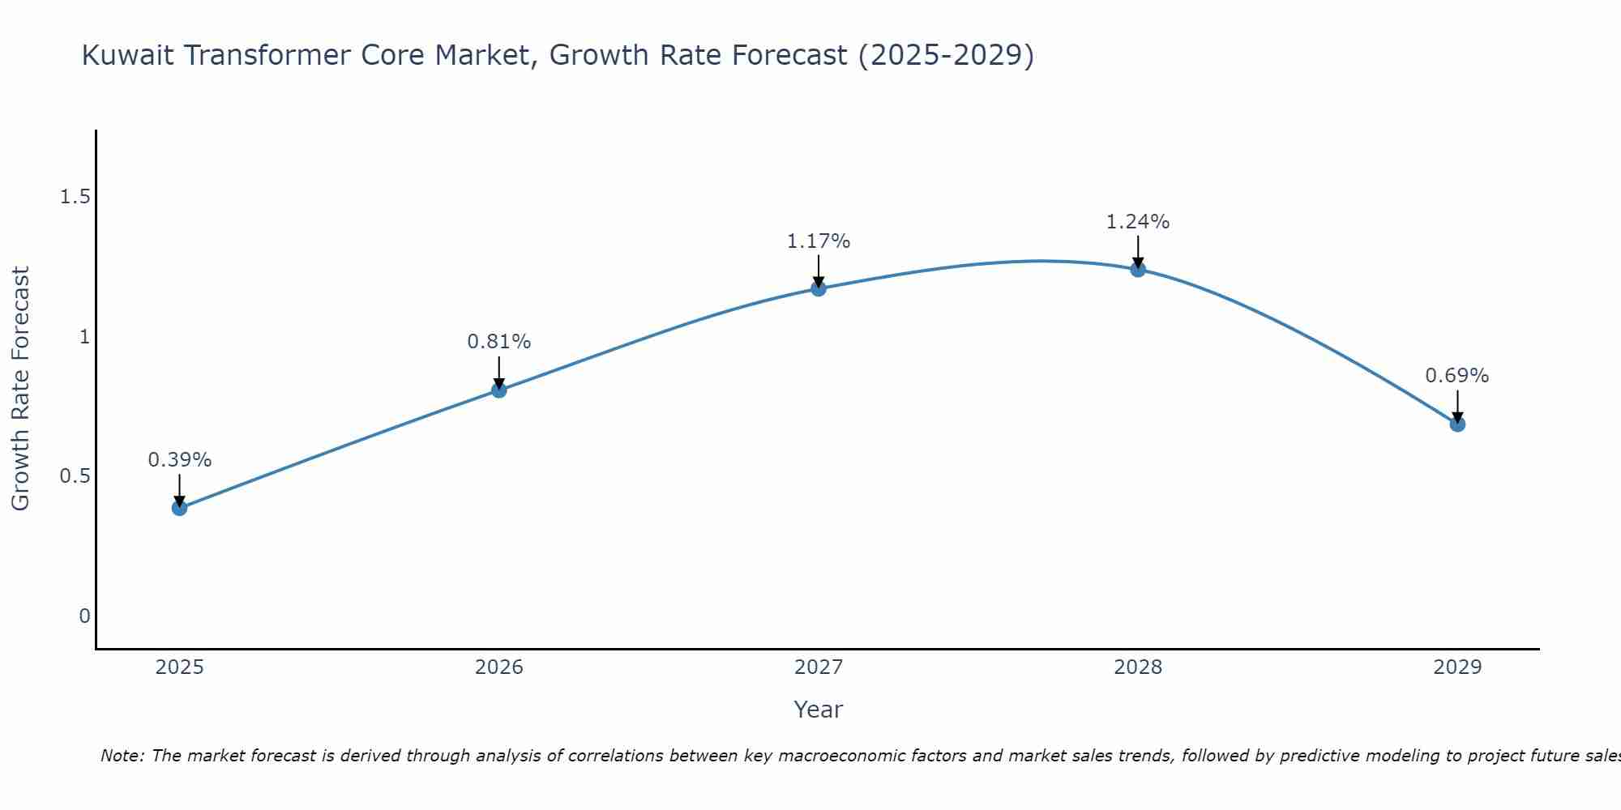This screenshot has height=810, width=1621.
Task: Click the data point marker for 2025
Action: click(180, 508)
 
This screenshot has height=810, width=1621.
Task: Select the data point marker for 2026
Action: click(499, 390)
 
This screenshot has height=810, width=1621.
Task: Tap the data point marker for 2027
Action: click(819, 288)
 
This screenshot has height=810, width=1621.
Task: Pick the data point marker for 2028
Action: click(1138, 270)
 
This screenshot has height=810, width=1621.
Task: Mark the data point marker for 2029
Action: click(1457, 424)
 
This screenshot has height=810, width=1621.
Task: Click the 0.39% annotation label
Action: click(180, 460)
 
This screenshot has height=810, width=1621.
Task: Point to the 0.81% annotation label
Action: click(499, 342)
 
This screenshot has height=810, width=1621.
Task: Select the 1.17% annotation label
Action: click(819, 241)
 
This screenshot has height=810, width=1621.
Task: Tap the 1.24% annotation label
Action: click(1138, 222)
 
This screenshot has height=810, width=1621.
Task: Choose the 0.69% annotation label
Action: click(1457, 376)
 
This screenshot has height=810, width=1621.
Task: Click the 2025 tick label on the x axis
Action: click(180, 667)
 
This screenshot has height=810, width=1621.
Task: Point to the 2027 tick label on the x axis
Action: click(819, 667)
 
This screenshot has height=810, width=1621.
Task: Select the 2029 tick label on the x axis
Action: click(1457, 667)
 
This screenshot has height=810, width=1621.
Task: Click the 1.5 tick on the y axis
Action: click(75, 197)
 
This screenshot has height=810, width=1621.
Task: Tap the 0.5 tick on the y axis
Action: click(75, 476)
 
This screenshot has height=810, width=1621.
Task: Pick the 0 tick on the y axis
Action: click(84, 616)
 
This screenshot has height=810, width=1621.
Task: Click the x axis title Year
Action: click(819, 710)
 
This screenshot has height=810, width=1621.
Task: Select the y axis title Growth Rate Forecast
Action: click(21, 389)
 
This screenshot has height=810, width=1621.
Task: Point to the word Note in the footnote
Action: click(122, 756)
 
